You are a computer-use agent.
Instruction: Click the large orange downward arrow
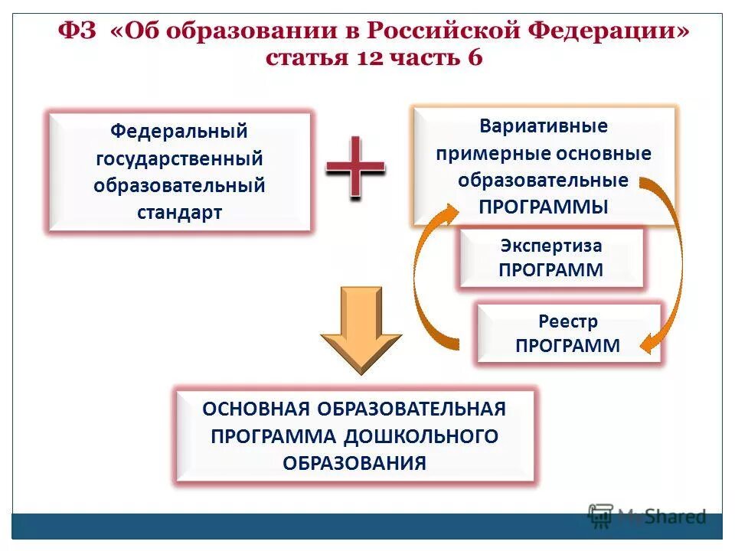coord(360,329)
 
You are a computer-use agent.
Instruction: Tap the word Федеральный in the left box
coord(179,131)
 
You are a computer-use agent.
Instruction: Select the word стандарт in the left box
coord(179,213)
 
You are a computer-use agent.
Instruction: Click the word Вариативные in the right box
coord(544,126)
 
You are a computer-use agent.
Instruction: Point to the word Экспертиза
coord(551,246)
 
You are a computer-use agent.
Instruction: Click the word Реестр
coord(567,321)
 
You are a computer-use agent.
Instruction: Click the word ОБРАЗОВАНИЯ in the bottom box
coord(354,462)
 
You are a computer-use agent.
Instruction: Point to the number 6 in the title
coord(472,58)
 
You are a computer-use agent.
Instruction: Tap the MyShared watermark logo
coord(647,516)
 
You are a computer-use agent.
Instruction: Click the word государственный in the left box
coord(179,158)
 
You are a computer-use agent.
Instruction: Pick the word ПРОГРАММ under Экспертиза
coord(551,269)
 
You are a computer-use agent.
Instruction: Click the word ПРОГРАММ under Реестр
coord(567,345)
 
